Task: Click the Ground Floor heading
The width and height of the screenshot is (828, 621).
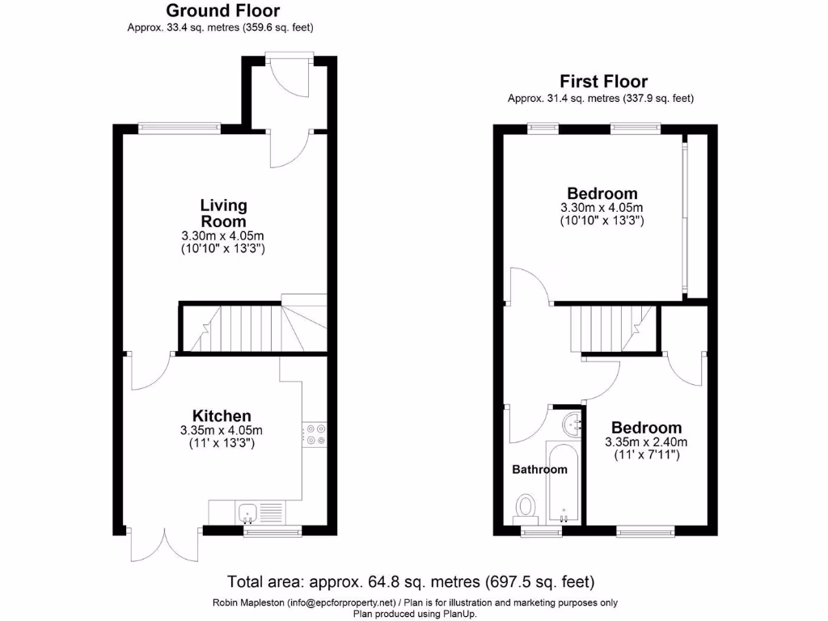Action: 223,11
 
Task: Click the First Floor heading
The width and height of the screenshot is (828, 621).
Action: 603,81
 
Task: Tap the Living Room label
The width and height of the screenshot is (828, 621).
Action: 223,213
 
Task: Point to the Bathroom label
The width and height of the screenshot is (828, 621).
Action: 539,469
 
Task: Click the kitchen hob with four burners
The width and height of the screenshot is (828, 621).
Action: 315,433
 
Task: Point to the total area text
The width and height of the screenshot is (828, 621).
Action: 411,581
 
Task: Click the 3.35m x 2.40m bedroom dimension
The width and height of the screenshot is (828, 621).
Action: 646,442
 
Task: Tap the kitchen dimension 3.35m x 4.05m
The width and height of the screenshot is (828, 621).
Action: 222,430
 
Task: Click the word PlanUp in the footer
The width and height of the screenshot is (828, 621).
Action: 457,613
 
